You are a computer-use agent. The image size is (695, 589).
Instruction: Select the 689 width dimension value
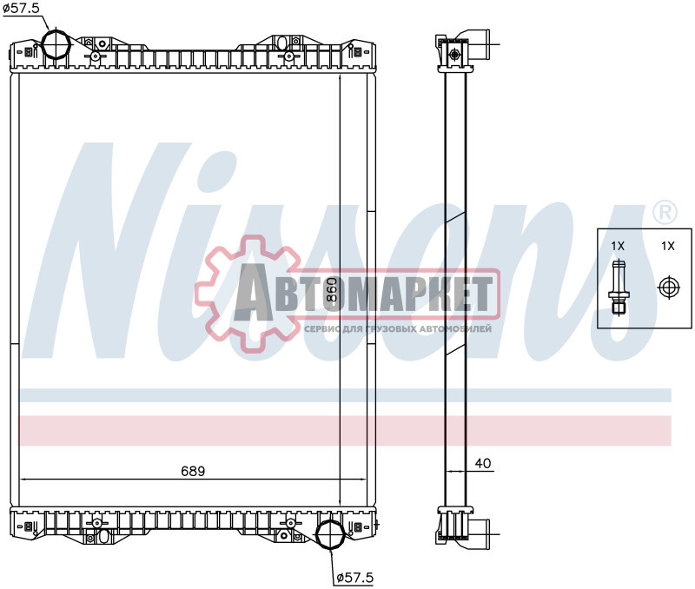point(192,471)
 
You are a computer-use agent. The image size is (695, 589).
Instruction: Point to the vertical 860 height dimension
point(330,290)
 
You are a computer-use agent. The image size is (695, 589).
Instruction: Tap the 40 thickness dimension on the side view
point(483,464)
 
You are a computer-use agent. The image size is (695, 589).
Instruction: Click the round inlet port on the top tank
point(56,46)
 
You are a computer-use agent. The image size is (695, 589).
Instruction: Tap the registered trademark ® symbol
point(664,212)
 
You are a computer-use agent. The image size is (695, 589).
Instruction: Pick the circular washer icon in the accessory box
point(667,288)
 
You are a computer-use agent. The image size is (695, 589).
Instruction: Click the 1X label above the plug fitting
point(618,247)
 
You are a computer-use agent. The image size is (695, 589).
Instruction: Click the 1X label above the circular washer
point(667,247)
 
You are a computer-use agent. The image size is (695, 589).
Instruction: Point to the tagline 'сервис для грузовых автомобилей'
point(398,330)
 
